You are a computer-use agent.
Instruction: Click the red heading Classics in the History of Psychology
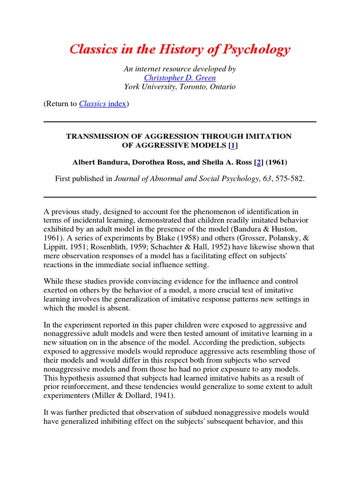point(180,50)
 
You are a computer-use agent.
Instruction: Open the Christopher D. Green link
point(180,78)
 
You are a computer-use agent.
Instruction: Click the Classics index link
point(103,104)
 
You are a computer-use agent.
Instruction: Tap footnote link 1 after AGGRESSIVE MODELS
point(232,146)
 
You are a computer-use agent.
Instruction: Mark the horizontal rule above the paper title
point(180,122)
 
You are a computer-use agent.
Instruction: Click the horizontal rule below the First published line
point(180,197)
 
